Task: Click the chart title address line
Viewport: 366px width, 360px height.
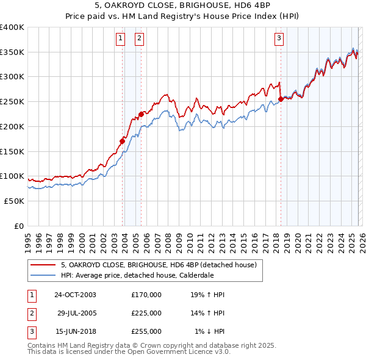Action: tap(183, 6)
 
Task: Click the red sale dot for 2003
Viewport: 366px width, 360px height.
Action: tap(122, 141)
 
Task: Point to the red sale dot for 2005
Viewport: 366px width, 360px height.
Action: tap(141, 113)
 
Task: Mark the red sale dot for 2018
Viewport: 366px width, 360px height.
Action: tap(281, 99)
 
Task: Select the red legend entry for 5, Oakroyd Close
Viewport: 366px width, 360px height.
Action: tap(162, 265)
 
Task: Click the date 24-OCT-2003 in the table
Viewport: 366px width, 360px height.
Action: tap(75, 295)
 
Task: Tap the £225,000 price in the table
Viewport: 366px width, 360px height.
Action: tap(146, 313)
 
